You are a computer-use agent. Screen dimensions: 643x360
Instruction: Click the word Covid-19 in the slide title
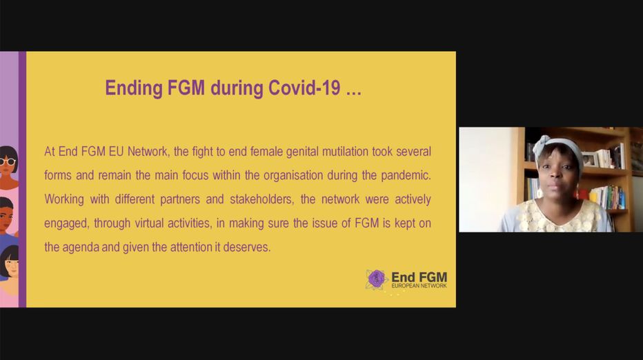[304, 88]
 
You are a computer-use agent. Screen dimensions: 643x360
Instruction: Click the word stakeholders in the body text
[262, 199]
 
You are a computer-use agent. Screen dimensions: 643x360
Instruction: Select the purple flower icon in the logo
[376, 279]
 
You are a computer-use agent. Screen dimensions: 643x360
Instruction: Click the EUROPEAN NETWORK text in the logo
[419, 286]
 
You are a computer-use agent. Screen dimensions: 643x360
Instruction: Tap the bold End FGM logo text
[419, 277]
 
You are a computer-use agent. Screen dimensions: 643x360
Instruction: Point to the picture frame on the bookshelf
[590, 159]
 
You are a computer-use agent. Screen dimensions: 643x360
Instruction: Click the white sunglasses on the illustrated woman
[8, 161]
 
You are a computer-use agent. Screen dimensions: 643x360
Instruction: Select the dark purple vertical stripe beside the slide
[22, 179]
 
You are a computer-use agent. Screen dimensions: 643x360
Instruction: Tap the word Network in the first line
[148, 152]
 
